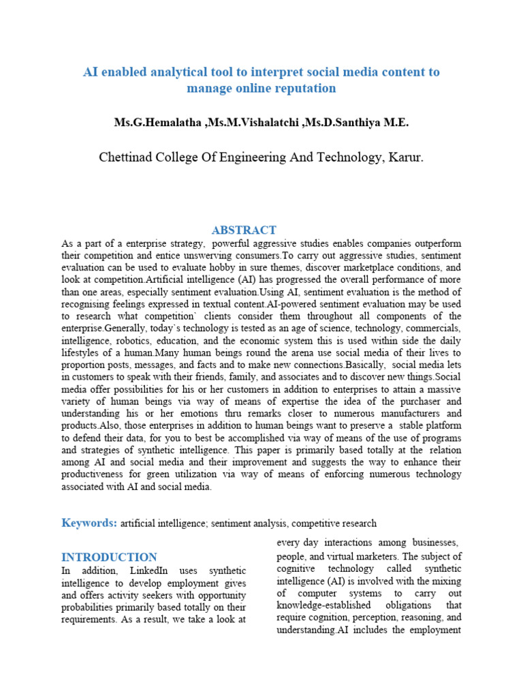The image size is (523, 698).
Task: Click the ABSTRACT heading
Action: point(243,230)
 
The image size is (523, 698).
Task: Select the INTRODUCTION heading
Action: point(109,557)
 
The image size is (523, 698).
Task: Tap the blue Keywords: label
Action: point(89,523)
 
